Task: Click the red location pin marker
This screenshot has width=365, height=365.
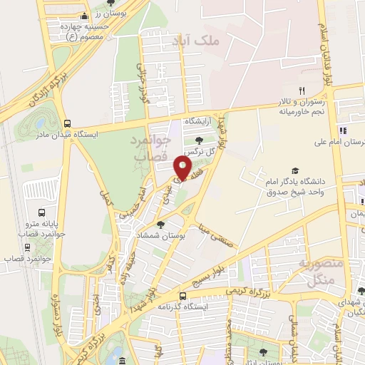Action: pos(184,168)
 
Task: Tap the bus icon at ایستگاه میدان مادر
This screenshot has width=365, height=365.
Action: pos(67,123)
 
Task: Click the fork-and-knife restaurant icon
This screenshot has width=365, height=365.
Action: pos(302,91)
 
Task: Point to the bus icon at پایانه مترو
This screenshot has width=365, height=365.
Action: pos(42,212)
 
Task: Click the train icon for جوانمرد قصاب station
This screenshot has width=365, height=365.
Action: pos(28,247)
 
